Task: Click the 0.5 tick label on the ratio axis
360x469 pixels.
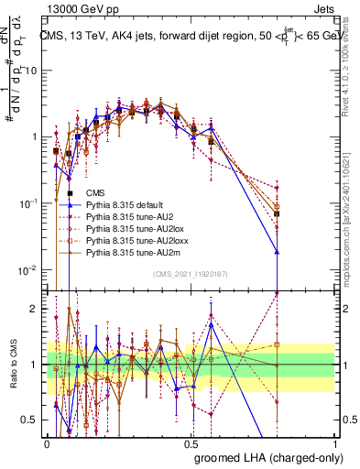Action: click(32, 420)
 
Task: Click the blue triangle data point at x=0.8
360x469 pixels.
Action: click(277, 251)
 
